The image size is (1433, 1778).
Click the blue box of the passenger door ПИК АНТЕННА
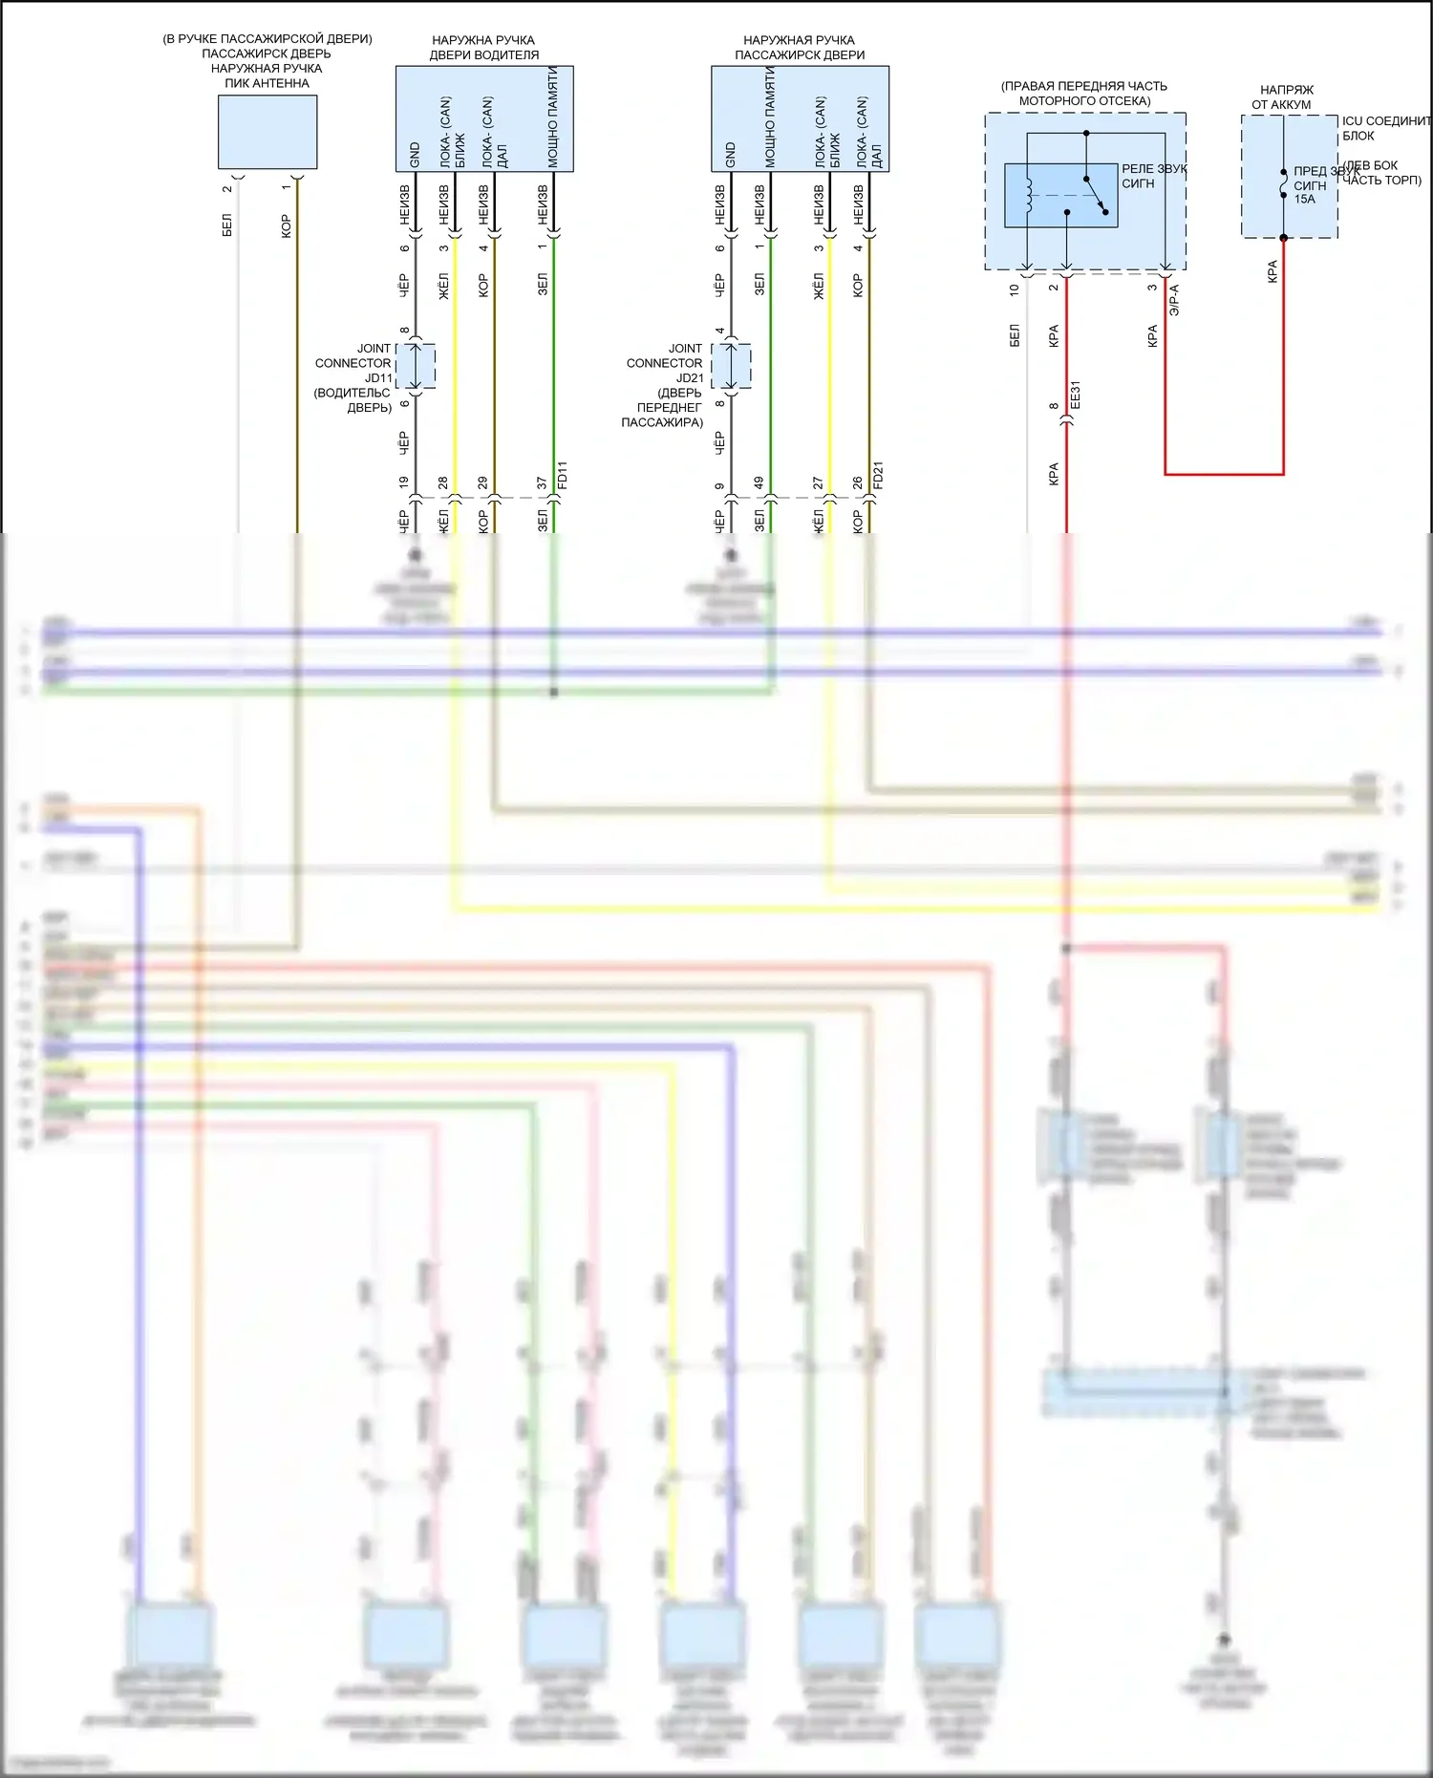(267, 132)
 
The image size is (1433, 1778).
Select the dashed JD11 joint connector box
(416, 366)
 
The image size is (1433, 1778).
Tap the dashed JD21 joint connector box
(731, 366)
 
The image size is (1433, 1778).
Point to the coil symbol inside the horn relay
(1028, 195)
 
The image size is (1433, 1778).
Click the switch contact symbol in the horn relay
(1096, 195)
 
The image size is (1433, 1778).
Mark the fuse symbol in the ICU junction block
(1283, 183)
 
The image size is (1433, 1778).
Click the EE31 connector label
(1075, 395)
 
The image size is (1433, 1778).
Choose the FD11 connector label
(562, 475)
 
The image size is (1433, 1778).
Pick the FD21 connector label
(878, 475)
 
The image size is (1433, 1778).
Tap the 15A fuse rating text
(1305, 200)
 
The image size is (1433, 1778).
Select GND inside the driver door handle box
(415, 155)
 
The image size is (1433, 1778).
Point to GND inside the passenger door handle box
(731, 155)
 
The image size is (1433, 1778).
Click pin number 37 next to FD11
(542, 483)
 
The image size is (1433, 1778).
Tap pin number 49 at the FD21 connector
(759, 483)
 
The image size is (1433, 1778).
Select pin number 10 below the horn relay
(1015, 289)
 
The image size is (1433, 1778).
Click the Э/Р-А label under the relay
(1174, 299)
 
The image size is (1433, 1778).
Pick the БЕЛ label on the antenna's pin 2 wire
(226, 225)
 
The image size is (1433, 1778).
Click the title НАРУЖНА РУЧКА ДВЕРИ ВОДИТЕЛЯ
(483, 47)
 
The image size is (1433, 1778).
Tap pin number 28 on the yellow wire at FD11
(443, 483)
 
